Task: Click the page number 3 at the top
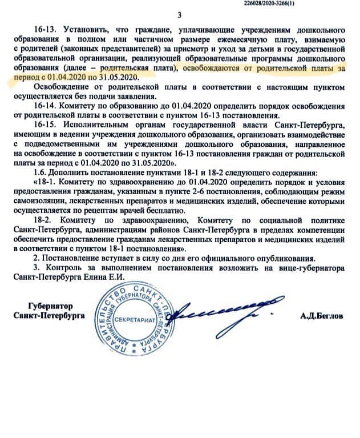(x=179, y=15)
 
